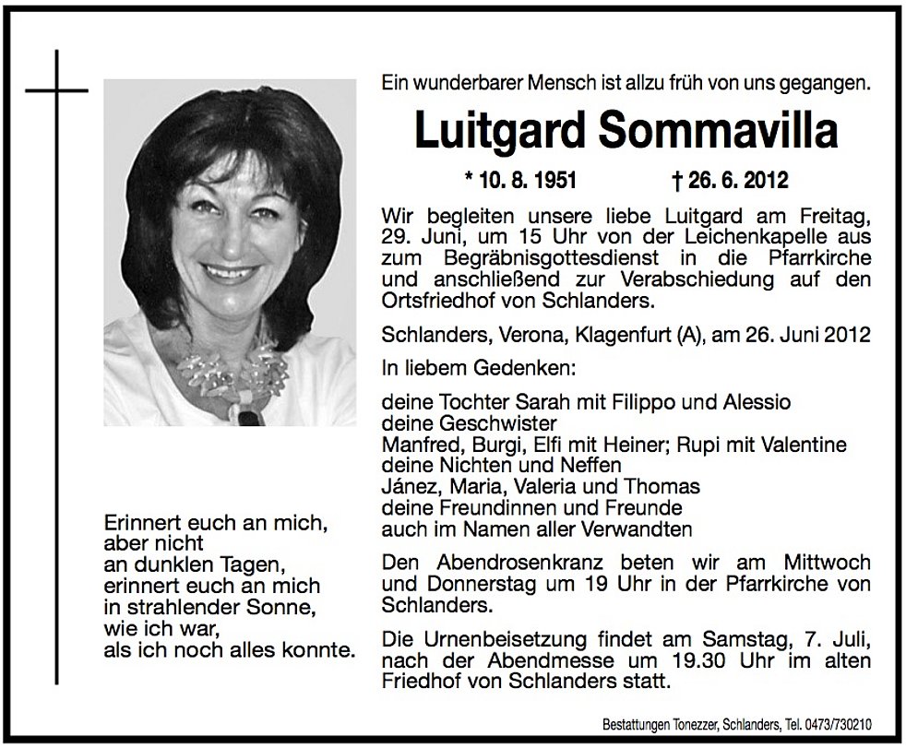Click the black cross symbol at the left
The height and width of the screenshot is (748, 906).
pos(56,92)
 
